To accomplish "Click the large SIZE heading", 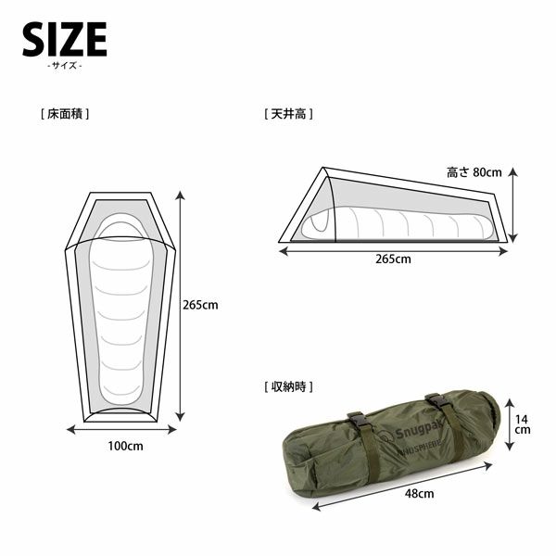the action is (x=65, y=39).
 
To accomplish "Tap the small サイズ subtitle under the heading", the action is (x=65, y=66).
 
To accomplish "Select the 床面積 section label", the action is (x=65, y=114).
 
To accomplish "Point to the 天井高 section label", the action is (x=288, y=114).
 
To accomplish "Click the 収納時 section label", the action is (x=288, y=386).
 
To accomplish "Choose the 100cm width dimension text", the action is (x=125, y=446).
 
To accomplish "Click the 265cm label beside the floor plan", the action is (x=200, y=305).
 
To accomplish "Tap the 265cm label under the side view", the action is (x=393, y=259).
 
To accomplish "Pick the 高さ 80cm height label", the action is (x=474, y=172).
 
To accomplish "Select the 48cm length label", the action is (x=419, y=493).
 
